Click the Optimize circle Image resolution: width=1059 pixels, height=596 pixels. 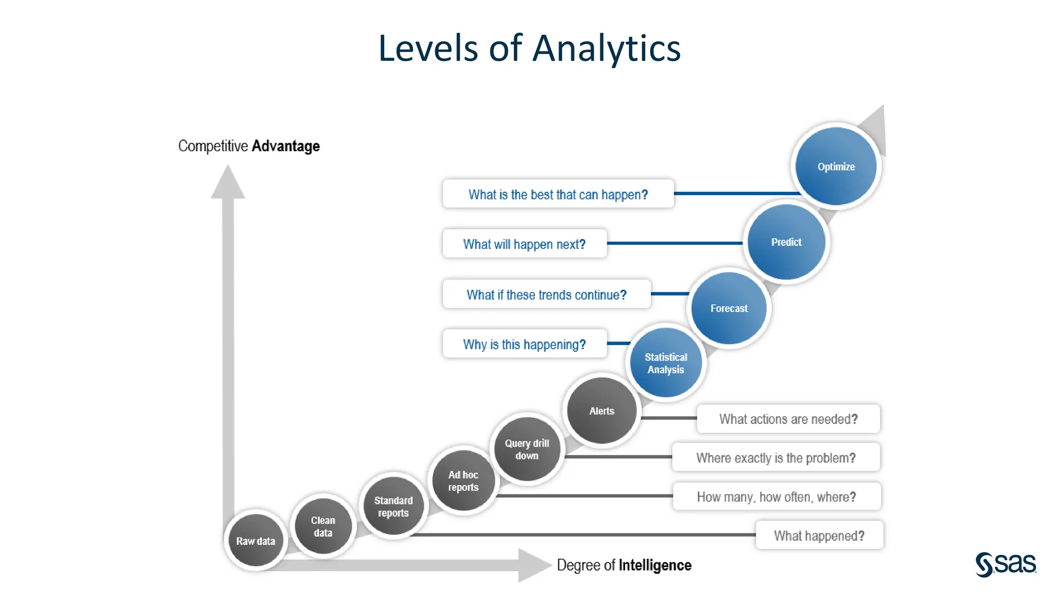click(x=836, y=167)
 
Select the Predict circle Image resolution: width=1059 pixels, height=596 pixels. click(x=786, y=242)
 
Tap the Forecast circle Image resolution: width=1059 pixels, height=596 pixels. click(x=729, y=308)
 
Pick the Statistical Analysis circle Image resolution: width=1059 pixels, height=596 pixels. click(x=665, y=363)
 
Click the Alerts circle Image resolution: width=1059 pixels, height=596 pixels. click(x=601, y=411)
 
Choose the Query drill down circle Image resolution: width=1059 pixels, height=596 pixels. click(x=526, y=449)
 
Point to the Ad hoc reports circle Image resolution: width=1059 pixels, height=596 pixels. click(x=463, y=481)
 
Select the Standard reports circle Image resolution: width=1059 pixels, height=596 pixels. click(x=393, y=506)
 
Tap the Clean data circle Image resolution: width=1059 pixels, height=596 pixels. click(x=323, y=526)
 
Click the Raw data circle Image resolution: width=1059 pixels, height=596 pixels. click(x=255, y=541)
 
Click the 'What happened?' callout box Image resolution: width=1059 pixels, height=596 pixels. click(x=819, y=535)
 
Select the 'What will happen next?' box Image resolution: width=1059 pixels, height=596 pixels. click(x=524, y=244)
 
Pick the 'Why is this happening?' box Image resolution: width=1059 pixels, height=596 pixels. click(x=524, y=344)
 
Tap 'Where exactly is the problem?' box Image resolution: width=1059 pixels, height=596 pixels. click(x=775, y=457)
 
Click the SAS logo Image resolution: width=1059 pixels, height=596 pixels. click(x=1005, y=563)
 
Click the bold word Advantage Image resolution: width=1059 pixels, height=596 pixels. click(x=285, y=146)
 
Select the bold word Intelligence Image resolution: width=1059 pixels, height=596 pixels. click(x=655, y=565)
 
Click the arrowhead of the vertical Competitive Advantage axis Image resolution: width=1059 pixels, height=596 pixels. click(x=228, y=183)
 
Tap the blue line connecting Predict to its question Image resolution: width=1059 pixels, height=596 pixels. click(x=674, y=243)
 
